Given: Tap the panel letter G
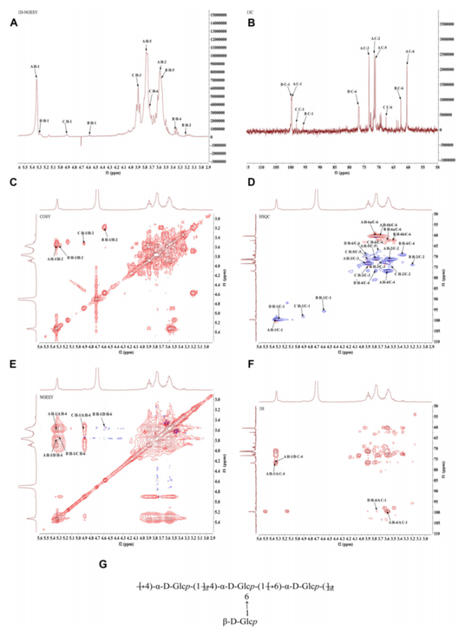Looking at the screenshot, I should pyautogui.click(x=103, y=564).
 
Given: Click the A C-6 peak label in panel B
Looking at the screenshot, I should pyautogui.click(x=409, y=52).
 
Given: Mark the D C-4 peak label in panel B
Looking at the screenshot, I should pyautogui.click(x=351, y=92).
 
